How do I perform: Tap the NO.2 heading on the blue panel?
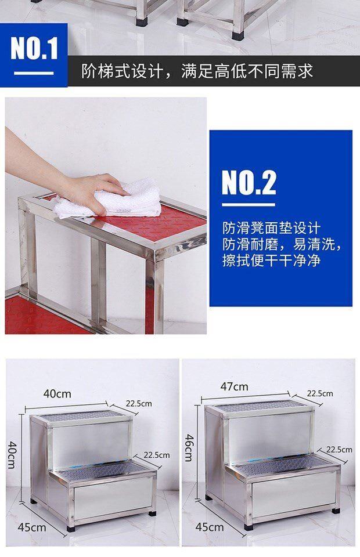(249, 183)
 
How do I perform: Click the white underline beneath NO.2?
(249, 205)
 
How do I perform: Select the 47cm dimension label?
(234, 386)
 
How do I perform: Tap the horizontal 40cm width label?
(57, 393)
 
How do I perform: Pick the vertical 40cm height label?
(12, 455)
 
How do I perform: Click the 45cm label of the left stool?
(31, 527)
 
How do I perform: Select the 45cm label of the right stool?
(209, 527)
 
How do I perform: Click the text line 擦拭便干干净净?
(272, 261)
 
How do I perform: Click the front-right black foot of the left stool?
(153, 513)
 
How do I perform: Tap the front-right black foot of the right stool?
(335, 511)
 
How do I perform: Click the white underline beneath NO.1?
(34, 73)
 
